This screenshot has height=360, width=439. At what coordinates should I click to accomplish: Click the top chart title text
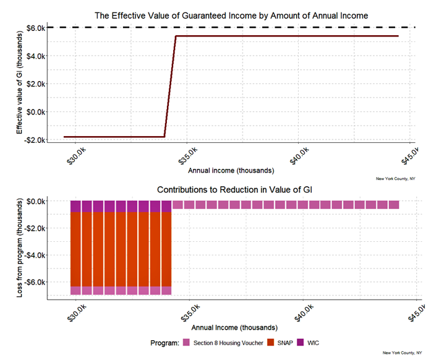(231, 15)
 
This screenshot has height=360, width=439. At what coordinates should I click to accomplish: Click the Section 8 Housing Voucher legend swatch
(186, 343)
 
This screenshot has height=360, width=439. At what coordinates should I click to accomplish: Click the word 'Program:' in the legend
(164, 343)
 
